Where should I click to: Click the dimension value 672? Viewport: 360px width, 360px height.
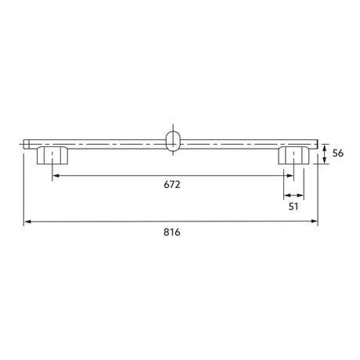pyautogui.click(x=172, y=185)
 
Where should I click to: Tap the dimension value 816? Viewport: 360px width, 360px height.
pyautogui.click(x=172, y=232)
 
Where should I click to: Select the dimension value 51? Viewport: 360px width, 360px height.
pyautogui.click(x=293, y=207)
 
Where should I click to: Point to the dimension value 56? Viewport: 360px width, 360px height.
pyautogui.click(x=338, y=153)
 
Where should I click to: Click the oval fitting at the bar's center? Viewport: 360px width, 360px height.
pyautogui.click(x=173, y=141)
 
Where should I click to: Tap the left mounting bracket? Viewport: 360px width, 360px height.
pyautogui.click(x=52, y=156)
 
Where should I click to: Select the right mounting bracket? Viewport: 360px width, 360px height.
pyautogui.click(x=293, y=156)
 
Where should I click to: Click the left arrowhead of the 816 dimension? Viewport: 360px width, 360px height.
pyautogui.click(x=27, y=221)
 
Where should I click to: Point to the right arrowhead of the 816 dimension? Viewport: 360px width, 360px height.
pyautogui.click(x=315, y=221)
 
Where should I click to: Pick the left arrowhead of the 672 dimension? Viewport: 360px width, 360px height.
pyautogui.click(x=56, y=176)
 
